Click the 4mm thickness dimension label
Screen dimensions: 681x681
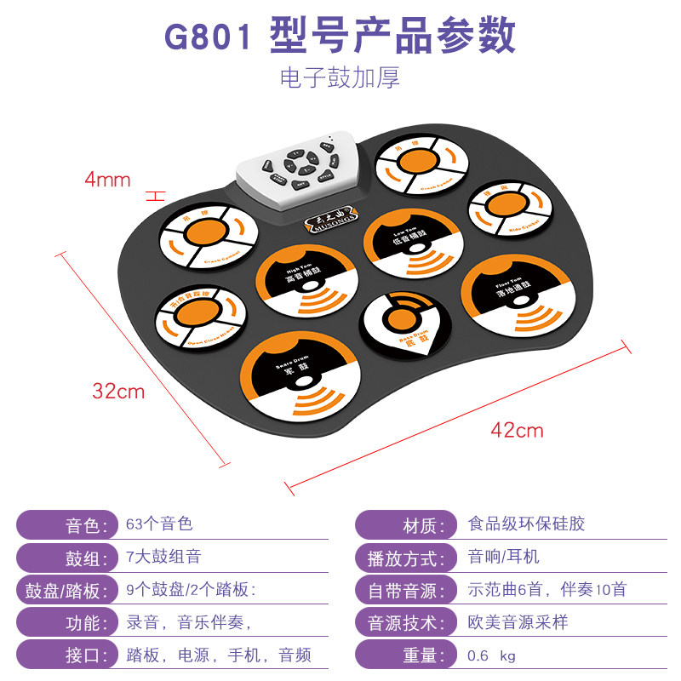pos(107,179)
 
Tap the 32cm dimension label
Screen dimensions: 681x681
pos(118,392)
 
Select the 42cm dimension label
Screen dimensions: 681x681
pos(517,430)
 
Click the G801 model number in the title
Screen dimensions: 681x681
pos(208,37)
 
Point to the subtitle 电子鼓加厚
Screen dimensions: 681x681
pos(340,77)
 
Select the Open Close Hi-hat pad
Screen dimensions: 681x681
pos(200,316)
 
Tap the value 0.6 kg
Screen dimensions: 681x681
pos(492,655)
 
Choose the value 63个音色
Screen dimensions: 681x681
pos(159,524)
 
